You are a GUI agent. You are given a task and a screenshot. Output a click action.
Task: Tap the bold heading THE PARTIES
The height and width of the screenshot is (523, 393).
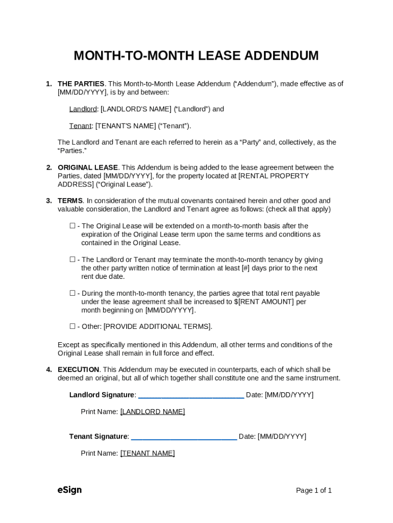81,84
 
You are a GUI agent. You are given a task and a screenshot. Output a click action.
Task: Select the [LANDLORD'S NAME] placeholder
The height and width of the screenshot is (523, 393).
136,109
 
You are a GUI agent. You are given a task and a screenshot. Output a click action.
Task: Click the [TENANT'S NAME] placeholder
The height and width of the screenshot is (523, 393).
126,126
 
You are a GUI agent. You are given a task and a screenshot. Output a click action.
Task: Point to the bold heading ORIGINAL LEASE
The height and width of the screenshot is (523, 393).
88,168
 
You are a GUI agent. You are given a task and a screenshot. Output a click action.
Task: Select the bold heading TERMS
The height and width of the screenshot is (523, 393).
70,201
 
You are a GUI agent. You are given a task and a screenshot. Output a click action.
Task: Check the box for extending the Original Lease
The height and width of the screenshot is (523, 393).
72,226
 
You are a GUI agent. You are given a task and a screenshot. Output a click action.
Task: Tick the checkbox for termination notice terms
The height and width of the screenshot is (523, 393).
72,259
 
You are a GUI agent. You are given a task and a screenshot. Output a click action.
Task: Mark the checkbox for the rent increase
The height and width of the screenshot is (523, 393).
72,293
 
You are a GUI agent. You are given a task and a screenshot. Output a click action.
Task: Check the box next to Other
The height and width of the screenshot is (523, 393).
72,326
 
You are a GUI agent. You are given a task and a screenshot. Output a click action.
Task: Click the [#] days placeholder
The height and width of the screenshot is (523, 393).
245,268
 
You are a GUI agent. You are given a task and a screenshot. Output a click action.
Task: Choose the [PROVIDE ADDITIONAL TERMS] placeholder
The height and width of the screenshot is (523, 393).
157,327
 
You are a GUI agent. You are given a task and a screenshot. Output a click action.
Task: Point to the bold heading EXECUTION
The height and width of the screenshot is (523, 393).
79,370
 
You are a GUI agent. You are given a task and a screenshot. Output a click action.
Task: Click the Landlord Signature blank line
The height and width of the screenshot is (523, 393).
191,395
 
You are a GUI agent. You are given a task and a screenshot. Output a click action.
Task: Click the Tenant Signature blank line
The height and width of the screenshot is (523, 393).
184,437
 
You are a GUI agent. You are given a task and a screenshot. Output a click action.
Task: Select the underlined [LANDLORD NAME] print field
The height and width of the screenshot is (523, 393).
153,412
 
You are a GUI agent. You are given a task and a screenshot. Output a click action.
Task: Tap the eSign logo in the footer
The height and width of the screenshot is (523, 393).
69,490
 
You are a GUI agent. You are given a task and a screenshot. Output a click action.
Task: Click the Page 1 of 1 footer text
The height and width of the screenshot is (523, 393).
314,491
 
